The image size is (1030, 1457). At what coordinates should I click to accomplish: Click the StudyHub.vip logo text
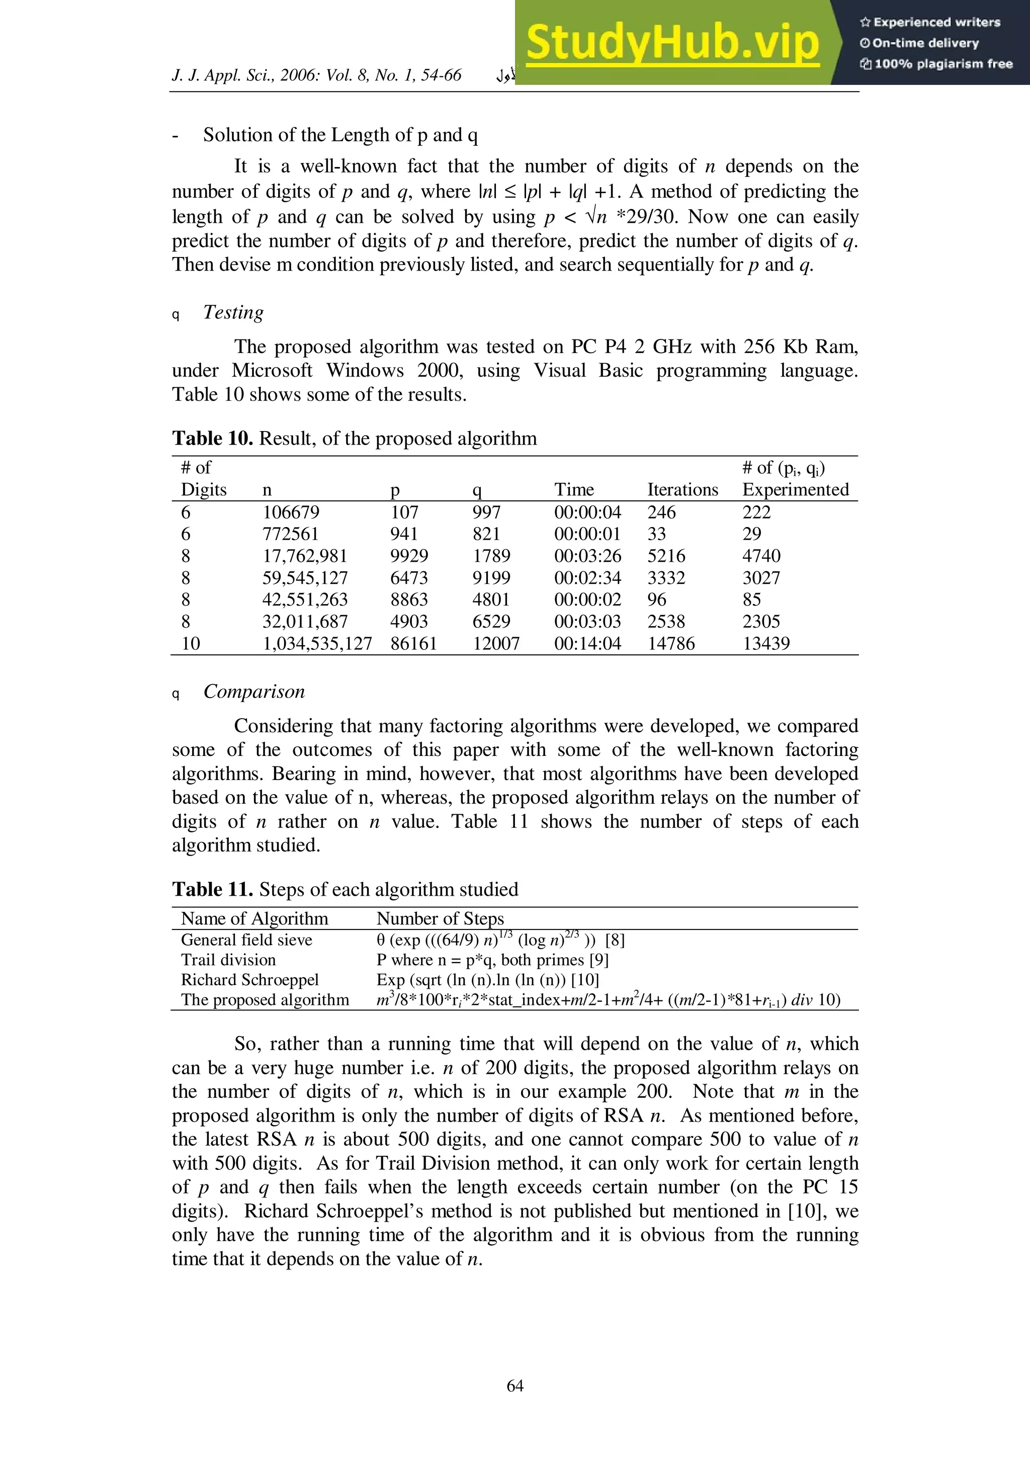point(673,43)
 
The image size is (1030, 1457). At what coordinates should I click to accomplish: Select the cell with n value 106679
point(291,512)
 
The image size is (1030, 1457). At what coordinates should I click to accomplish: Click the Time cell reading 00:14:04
point(587,643)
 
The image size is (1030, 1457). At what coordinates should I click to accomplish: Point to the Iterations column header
point(682,489)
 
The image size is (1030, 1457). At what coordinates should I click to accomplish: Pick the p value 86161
point(413,643)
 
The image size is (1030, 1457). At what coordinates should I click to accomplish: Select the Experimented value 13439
point(765,643)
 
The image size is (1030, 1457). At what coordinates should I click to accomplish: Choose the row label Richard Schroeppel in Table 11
point(249,980)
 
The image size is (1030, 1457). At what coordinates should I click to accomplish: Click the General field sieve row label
point(246,940)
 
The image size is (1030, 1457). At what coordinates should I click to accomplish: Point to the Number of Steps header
point(440,918)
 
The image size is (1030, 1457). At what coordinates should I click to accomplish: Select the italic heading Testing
point(233,312)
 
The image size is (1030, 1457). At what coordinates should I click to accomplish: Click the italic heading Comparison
point(254,691)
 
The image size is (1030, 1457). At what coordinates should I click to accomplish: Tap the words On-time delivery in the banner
point(925,43)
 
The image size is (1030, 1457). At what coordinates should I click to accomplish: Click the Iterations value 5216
point(666,556)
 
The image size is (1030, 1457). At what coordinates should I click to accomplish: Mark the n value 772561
point(290,534)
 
